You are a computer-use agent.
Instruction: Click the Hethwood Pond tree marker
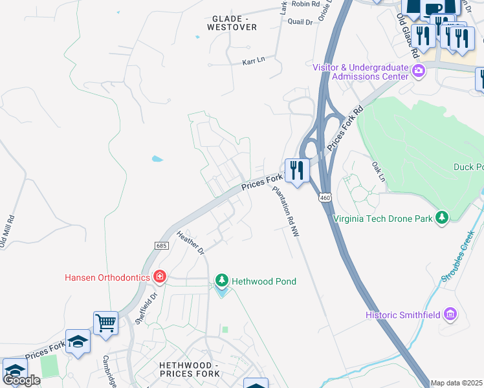[x=222, y=281]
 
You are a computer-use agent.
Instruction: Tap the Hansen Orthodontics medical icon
[x=160, y=277]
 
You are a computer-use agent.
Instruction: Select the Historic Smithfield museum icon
[x=450, y=315]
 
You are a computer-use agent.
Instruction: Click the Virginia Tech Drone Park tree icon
[x=442, y=218]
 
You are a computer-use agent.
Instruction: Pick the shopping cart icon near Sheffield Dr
[x=105, y=321]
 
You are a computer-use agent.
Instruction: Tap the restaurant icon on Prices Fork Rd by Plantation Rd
[x=297, y=170]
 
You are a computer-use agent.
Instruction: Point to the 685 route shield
[x=162, y=245]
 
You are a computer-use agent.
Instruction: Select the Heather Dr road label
[x=190, y=243]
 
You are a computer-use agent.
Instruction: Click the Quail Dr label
[x=300, y=22]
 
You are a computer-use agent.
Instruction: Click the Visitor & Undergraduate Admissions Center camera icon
[x=419, y=70]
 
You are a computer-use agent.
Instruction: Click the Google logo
[x=21, y=380]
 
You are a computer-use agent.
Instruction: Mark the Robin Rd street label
[x=306, y=4]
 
